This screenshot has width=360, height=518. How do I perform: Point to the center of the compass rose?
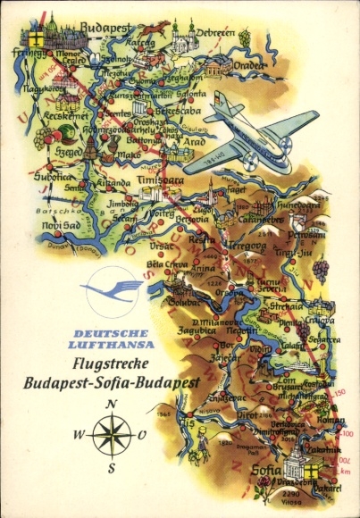(x=112, y=435)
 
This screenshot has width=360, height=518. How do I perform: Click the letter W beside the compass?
(x=79, y=435)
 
